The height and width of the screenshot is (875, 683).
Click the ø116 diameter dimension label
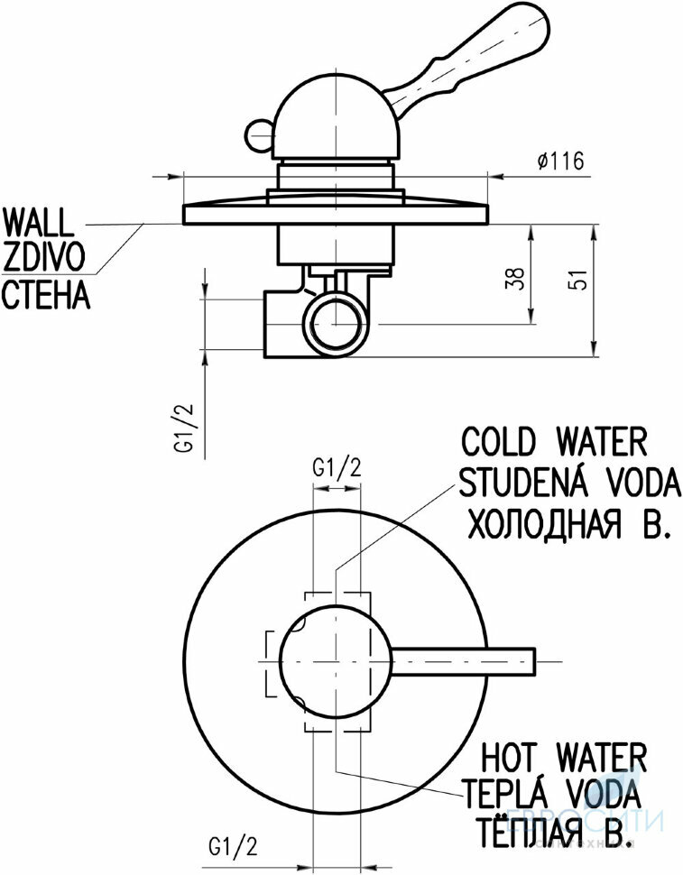559,161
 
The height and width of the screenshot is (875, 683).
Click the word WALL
41,222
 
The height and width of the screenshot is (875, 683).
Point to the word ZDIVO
45,258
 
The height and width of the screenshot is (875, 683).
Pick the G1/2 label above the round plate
337,467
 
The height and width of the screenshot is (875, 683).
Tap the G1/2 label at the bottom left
234,847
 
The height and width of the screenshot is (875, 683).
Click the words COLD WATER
555,442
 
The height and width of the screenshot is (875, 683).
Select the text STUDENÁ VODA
568,484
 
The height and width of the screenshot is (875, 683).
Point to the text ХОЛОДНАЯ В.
568,524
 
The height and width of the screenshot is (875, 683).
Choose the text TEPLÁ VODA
553,794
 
